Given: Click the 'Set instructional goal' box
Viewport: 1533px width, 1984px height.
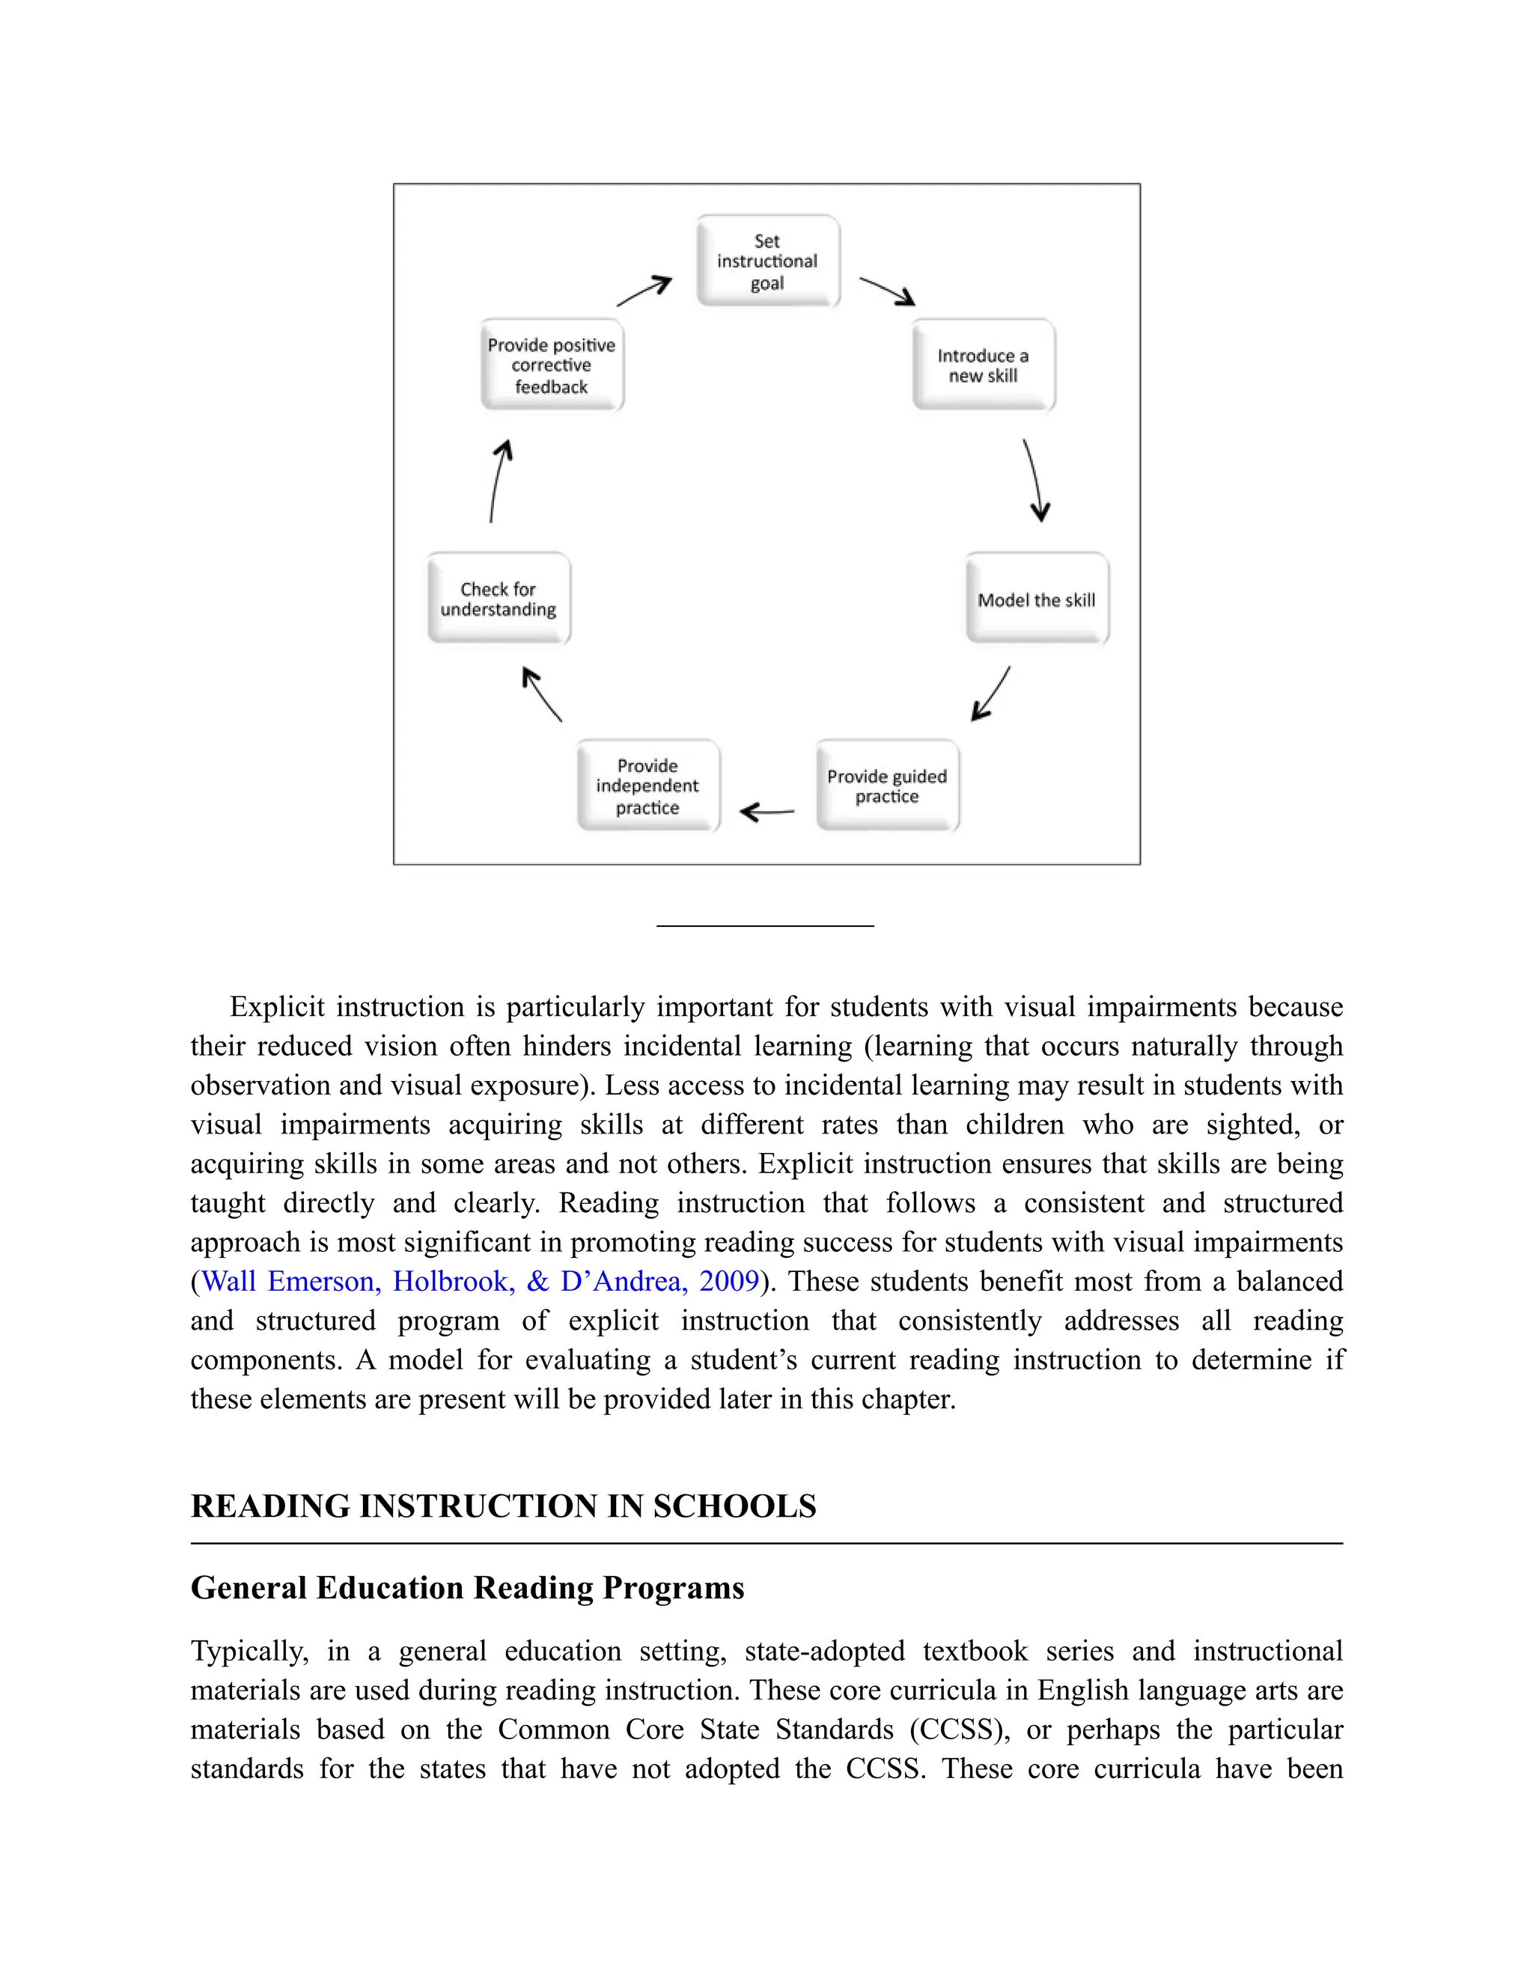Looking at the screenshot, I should [x=767, y=261].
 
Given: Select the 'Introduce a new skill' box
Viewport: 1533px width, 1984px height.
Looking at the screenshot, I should [x=984, y=365].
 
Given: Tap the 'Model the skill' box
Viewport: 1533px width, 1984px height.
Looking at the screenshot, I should [x=1036, y=600].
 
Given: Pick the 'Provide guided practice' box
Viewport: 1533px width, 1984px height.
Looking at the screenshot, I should [x=887, y=786].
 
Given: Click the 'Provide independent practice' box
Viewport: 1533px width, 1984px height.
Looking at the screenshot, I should [x=647, y=786].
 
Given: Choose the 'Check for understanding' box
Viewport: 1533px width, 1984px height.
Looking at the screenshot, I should [x=499, y=600].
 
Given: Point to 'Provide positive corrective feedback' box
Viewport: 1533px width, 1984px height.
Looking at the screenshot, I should [x=551, y=365].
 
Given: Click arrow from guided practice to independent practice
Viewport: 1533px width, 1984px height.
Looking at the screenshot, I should [x=767, y=812].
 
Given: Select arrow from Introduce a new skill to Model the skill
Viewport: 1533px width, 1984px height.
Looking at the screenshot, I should [x=1035, y=480].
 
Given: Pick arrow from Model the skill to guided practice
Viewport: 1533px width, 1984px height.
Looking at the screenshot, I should [x=991, y=693].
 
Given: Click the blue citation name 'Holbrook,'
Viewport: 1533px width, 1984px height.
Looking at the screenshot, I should [x=453, y=1281].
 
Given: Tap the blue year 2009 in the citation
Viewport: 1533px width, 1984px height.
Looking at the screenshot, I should [x=728, y=1281].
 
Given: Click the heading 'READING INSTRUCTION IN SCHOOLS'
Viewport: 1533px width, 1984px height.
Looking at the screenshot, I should [x=503, y=1507].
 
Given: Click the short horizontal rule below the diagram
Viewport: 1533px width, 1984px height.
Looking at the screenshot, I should [x=765, y=925].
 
